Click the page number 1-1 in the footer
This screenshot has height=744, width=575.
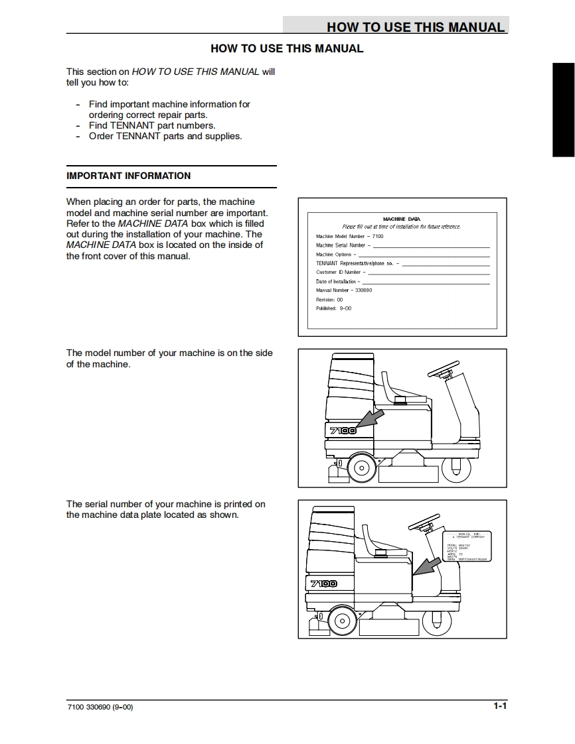pyautogui.click(x=499, y=706)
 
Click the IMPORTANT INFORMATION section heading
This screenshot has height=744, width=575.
pyautogui.click(x=128, y=176)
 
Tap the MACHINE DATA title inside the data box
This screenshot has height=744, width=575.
pyautogui.click(x=401, y=219)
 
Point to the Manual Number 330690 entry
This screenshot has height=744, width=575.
pyautogui.click(x=344, y=290)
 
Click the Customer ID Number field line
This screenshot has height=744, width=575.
pyautogui.click(x=428, y=273)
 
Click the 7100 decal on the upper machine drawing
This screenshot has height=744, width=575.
pyautogui.click(x=343, y=430)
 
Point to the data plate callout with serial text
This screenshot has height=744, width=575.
pyautogui.click(x=467, y=546)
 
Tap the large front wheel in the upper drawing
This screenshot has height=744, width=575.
pyautogui.click(x=362, y=467)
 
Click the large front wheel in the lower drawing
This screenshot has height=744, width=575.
pyautogui.click(x=342, y=621)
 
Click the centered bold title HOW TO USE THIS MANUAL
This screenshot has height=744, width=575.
pyautogui.click(x=287, y=48)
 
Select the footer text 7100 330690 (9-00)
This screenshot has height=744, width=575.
pyautogui.click(x=100, y=707)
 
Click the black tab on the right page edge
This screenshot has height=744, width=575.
pyautogui.click(x=563, y=109)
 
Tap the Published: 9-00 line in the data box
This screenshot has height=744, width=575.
pyautogui.click(x=334, y=308)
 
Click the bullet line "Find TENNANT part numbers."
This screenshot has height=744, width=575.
pyautogui.click(x=152, y=125)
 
